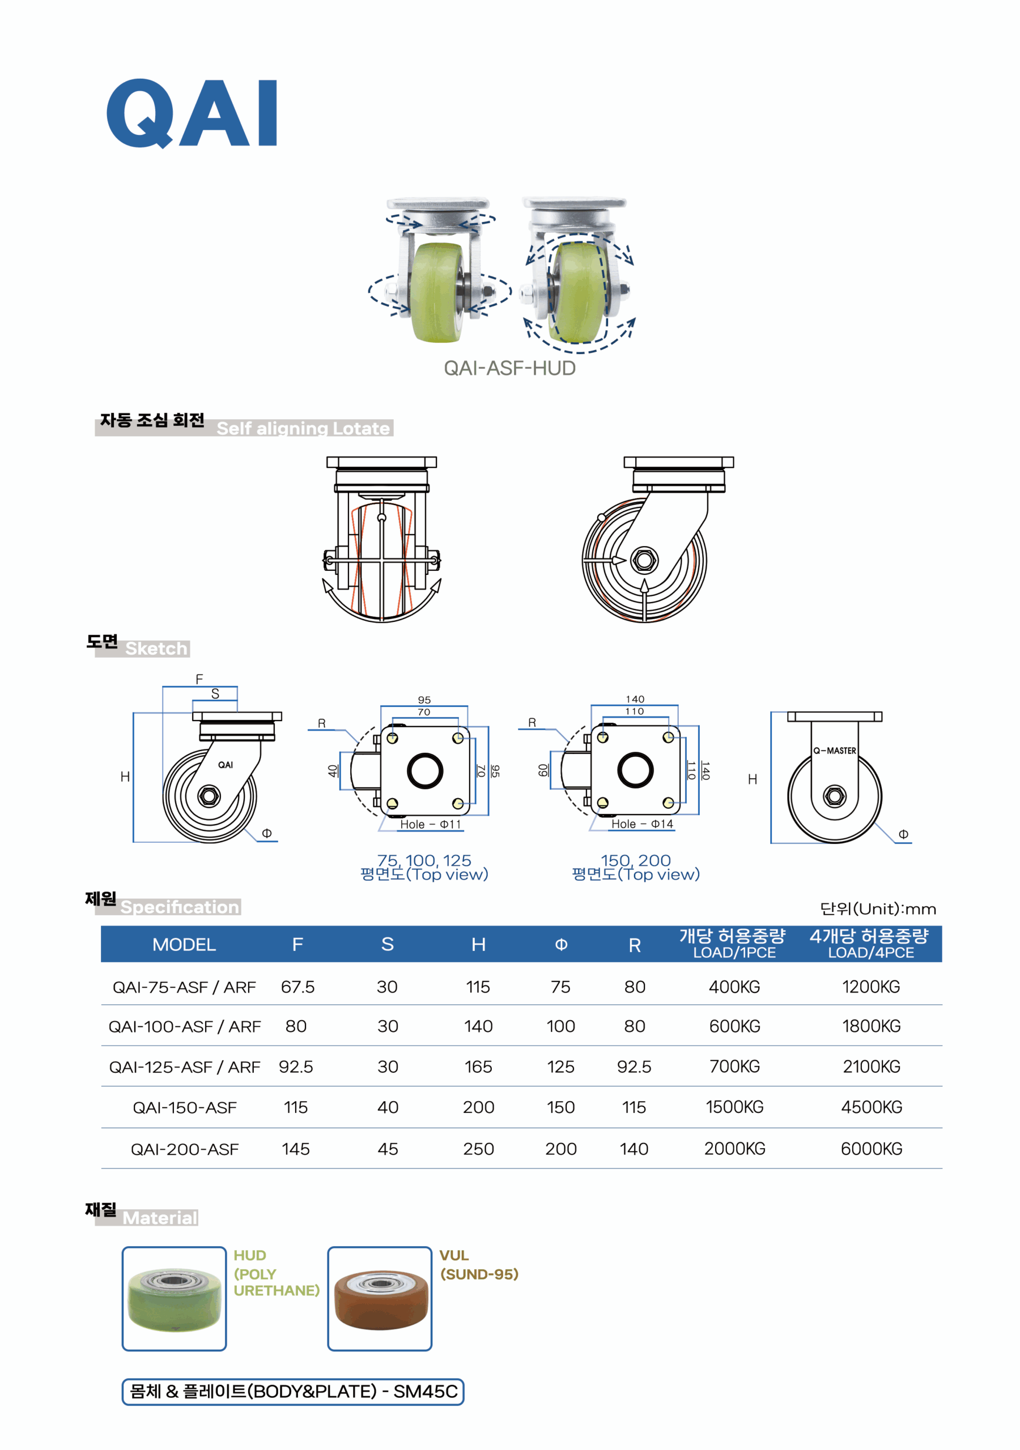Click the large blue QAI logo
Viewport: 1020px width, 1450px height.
[x=192, y=114]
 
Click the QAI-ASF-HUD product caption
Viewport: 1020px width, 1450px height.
[x=509, y=368]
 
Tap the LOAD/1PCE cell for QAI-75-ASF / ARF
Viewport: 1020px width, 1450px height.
[x=734, y=987]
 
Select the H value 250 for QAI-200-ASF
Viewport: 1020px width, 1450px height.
[x=478, y=1149]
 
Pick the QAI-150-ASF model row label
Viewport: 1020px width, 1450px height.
[x=185, y=1107]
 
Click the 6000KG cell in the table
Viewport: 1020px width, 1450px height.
[x=872, y=1149]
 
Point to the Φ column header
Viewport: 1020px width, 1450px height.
[x=560, y=944]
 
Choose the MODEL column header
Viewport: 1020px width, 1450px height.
[x=184, y=944]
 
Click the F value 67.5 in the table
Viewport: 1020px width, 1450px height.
[x=297, y=987]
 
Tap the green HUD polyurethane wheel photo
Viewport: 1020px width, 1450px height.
[x=175, y=1298]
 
